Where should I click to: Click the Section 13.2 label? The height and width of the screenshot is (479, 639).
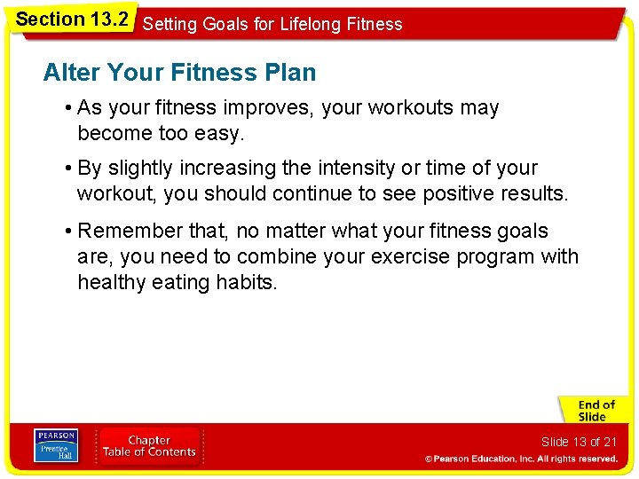(72, 19)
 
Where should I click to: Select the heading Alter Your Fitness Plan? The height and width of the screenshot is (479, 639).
(179, 73)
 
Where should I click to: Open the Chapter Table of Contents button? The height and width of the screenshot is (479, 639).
(149, 445)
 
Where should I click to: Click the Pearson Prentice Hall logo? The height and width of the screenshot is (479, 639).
(56, 445)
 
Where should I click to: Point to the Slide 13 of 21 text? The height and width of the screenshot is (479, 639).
(579, 442)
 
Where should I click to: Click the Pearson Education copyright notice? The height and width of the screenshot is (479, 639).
(520, 459)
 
